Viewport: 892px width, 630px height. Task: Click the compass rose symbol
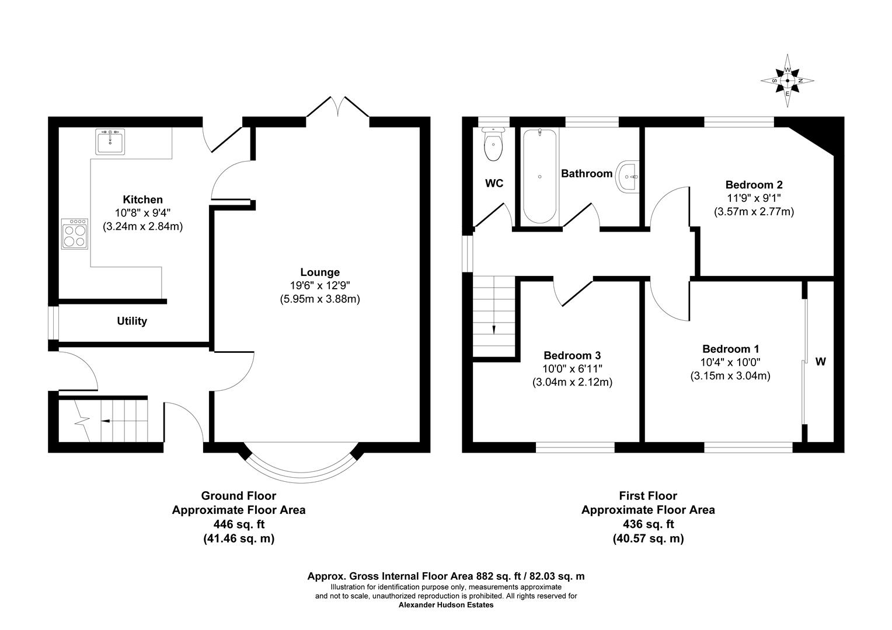click(788, 80)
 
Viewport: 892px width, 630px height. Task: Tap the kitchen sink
click(110, 141)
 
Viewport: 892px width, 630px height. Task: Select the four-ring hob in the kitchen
click(75, 233)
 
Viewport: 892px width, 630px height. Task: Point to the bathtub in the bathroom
click(539, 176)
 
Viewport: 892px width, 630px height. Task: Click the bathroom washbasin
click(628, 175)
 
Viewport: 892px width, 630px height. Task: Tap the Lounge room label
click(319, 272)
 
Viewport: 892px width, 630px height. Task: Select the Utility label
click(132, 321)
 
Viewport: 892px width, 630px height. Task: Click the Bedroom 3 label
click(572, 355)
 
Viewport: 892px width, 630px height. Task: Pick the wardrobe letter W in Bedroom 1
click(820, 362)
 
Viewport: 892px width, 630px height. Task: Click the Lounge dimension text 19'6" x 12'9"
click(319, 286)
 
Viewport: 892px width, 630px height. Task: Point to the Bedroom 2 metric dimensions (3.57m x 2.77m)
click(754, 212)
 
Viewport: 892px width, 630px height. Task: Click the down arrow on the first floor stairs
click(494, 328)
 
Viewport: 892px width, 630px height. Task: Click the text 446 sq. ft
click(238, 524)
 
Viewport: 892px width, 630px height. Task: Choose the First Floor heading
click(648, 496)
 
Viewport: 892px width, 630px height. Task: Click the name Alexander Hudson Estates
click(446, 605)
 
